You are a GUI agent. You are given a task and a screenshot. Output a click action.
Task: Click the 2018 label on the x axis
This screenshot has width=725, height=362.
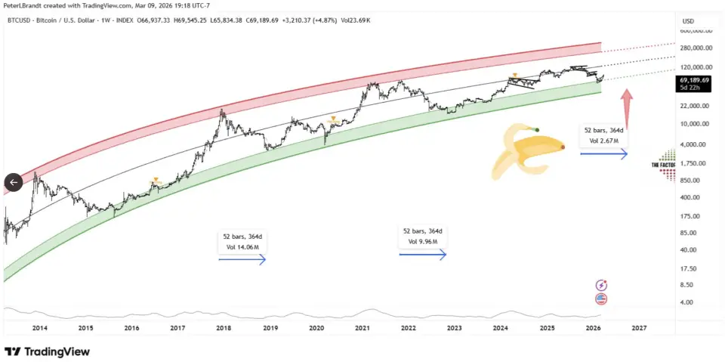point(224,328)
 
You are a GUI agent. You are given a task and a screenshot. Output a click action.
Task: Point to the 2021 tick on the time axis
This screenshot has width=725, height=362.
point(362,328)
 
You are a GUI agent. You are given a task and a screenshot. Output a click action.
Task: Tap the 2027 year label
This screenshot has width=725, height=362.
point(639,328)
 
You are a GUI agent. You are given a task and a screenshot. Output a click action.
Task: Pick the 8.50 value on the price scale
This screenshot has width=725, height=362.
point(687,285)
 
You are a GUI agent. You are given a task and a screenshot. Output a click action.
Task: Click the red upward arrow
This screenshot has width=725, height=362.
point(625,107)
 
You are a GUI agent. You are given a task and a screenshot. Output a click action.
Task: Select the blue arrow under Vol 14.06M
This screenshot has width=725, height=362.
point(242,260)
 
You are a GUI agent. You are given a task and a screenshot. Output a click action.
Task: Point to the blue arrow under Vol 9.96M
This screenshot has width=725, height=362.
point(423,255)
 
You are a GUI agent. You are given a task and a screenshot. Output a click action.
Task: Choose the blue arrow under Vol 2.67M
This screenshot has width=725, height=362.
point(603,154)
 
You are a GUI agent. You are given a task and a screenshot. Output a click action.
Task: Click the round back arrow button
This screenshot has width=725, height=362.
point(14,181)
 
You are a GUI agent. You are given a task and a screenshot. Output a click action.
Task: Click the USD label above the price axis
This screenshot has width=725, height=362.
point(687,21)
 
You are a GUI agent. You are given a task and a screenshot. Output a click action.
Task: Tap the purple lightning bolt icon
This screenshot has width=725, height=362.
point(602,285)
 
